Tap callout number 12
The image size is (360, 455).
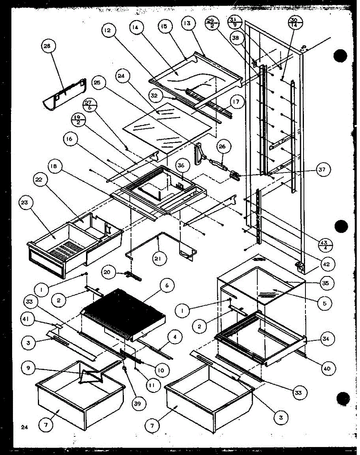point(108,31)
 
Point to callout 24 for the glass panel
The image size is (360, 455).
point(121,76)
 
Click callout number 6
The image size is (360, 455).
point(167,287)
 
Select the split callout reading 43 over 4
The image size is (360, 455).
point(325,244)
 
